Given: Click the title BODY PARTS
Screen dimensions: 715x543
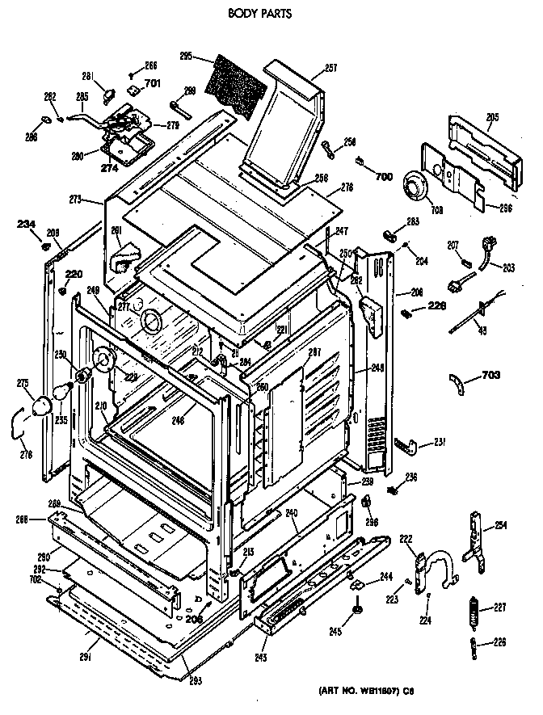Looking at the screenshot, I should click(x=259, y=13).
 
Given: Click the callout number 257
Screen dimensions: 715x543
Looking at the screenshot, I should click(x=330, y=68).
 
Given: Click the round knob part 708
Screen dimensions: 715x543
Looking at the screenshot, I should click(x=418, y=191).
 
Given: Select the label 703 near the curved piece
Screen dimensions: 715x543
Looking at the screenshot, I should click(x=490, y=374).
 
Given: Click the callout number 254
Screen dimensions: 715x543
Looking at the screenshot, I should click(x=501, y=526).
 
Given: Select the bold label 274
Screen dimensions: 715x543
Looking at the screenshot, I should click(x=109, y=168).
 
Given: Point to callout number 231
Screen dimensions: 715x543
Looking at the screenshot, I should click(x=439, y=441).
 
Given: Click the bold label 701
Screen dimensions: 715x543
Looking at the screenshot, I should click(x=152, y=83).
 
